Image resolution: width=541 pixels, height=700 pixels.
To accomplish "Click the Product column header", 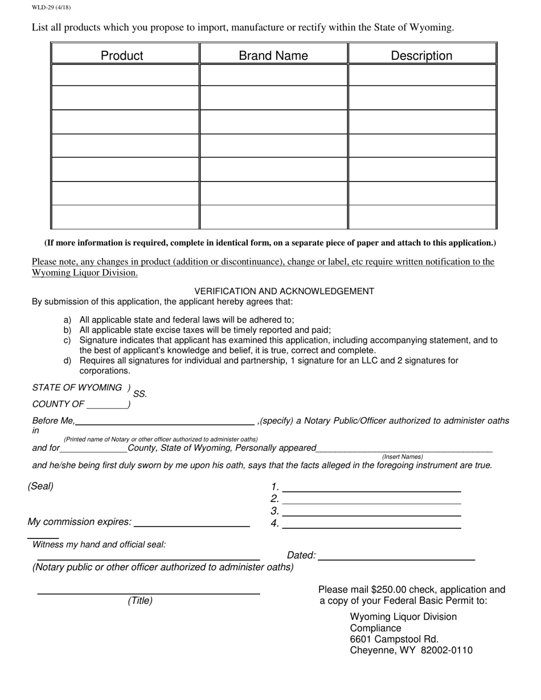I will (122, 55).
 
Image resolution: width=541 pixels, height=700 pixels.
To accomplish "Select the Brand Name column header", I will (273, 55).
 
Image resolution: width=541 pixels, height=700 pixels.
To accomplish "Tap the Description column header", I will (421, 55).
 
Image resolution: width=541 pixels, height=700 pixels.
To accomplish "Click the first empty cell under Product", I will (125, 75).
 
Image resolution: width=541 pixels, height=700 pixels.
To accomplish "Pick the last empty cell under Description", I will (422, 217).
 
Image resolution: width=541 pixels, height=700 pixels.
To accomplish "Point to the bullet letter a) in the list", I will (67, 320).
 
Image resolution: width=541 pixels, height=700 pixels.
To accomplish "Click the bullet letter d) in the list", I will (67, 361).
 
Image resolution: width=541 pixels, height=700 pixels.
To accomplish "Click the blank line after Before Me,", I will (165, 421).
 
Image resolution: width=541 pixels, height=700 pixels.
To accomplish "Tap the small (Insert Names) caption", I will (402, 456).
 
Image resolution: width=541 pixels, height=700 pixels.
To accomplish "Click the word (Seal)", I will (40, 487).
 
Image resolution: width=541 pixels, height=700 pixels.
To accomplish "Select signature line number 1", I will (371, 488).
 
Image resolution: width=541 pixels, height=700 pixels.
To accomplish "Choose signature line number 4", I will (371, 524).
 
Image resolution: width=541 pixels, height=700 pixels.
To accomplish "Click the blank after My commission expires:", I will (191, 522).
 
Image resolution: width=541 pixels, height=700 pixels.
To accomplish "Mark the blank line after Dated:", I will (396, 556).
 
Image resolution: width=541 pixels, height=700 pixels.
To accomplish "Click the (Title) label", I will (140, 601).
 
